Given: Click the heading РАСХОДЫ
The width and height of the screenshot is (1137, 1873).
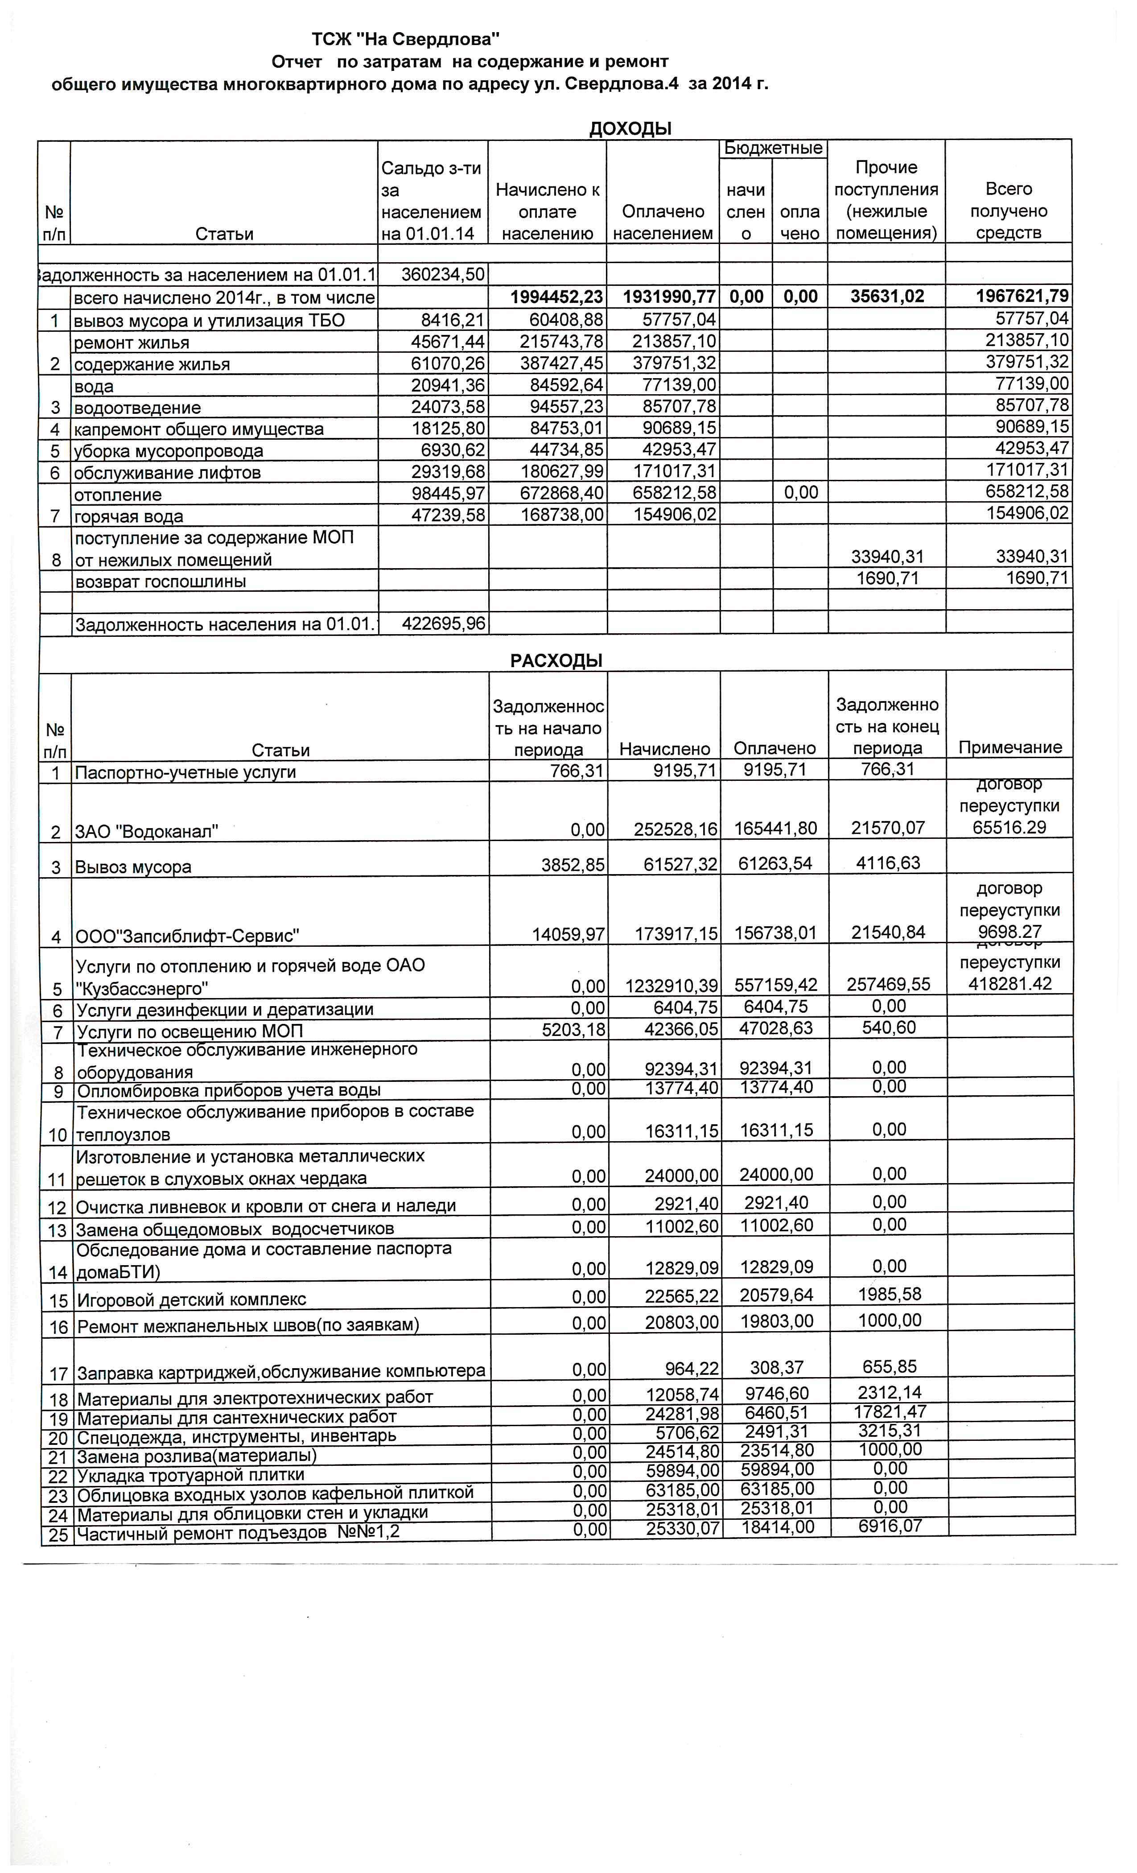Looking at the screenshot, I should pyautogui.click(x=556, y=660).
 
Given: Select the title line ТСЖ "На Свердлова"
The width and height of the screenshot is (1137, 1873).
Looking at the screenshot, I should pyautogui.click(x=406, y=38).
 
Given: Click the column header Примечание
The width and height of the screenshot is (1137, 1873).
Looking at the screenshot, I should pyautogui.click(x=1009, y=747).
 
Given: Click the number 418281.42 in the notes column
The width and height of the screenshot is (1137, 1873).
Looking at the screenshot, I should pyautogui.click(x=1009, y=984).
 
